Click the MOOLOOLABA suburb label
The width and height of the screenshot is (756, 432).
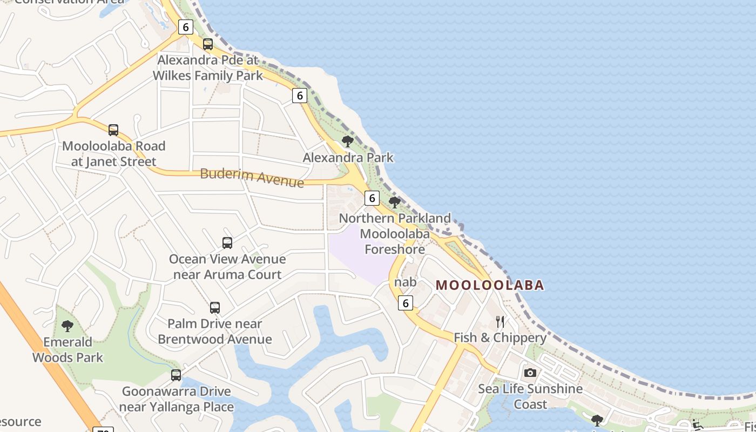[x=489, y=285]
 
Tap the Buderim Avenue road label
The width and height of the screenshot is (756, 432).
[x=252, y=177]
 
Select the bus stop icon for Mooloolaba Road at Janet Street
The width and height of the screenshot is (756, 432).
[x=113, y=130]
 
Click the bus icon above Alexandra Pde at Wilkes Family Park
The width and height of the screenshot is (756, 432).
[x=208, y=44]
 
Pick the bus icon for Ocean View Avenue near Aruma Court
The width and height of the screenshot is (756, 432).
[x=227, y=243]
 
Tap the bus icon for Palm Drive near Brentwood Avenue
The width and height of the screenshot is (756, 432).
[x=215, y=308]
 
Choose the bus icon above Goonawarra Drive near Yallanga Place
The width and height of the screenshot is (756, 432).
[x=176, y=375]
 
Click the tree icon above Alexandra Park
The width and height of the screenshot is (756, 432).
[x=348, y=141]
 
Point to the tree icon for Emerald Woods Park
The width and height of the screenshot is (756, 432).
[x=67, y=326]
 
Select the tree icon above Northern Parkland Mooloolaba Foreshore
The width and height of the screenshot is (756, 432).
[x=395, y=202]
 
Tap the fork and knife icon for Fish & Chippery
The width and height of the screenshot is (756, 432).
[x=500, y=322]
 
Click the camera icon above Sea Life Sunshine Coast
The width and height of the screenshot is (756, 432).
[x=530, y=373]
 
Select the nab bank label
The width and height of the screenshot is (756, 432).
[x=406, y=282]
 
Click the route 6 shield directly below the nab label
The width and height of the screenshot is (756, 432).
[x=406, y=303]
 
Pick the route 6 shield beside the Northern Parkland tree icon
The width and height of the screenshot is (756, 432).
[x=372, y=198]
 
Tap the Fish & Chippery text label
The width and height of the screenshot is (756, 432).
[x=500, y=337]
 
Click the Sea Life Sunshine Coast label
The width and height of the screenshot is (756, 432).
[x=530, y=396]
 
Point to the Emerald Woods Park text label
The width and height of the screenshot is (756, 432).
[x=67, y=349]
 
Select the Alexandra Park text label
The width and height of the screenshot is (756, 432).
[x=348, y=158]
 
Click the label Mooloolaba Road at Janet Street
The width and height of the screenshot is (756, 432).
[x=113, y=153]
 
